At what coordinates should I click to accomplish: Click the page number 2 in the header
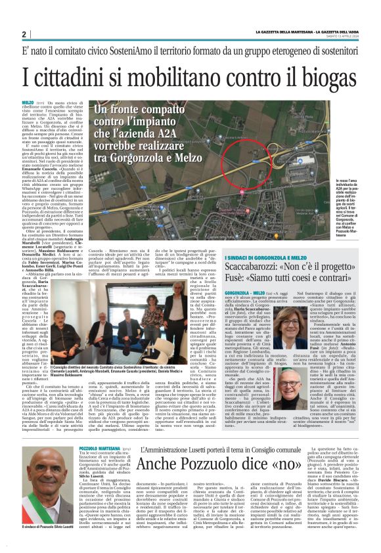(24, 34)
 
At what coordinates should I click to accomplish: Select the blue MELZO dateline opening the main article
(28, 103)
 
